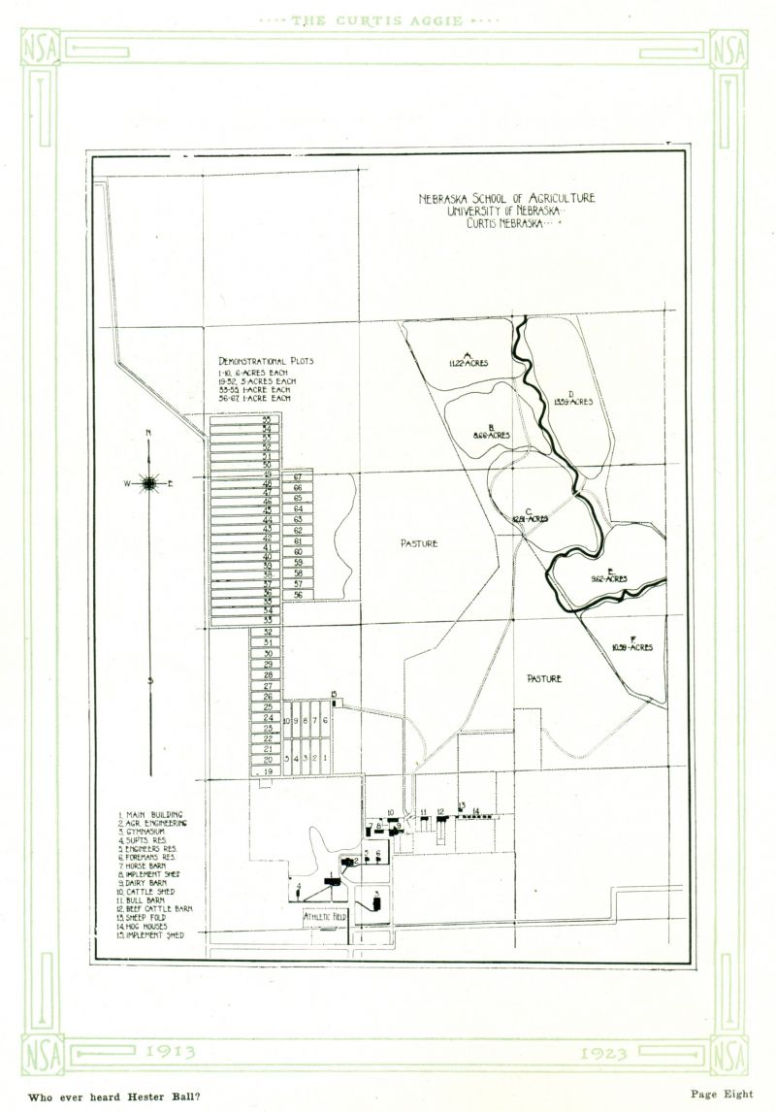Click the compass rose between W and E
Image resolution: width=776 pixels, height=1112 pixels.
pos(148,481)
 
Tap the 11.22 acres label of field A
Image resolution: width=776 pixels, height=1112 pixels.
pos(468,362)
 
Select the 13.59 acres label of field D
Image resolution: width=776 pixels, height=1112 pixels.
pos(572,401)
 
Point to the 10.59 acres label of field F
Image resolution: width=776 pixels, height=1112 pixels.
pos(631,646)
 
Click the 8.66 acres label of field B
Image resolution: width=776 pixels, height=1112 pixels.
pos(492,436)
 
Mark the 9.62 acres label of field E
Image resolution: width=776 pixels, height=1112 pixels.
pos(608,578)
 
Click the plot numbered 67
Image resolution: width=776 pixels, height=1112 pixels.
pos(299,478)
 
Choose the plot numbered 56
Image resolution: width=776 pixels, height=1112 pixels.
pos(299,595)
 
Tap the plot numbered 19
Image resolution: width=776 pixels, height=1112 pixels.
pos(267,770)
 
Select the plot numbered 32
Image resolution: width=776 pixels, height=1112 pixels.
pos(267,632)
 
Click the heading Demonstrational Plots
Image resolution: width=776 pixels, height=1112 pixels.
pos(266,362)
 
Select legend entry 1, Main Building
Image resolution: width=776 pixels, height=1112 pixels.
pos(150,813)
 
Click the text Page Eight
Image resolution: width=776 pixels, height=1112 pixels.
pos(722,1094)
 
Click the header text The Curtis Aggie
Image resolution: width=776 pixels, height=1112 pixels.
pos(388,20)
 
